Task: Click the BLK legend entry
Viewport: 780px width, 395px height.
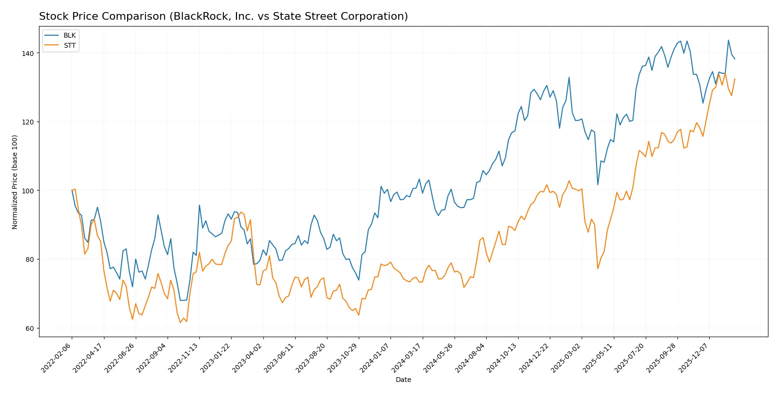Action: coord(69,35)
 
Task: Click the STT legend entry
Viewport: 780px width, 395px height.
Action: coord(69,45)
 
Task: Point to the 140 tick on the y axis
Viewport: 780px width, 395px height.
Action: coord(28,53)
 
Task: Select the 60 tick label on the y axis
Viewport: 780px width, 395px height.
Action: coord(30,328)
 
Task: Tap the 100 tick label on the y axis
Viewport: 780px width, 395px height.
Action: coord(28,191)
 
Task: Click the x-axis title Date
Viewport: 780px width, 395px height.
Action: coord(403,380)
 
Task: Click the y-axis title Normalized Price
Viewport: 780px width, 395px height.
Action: coord(14,182)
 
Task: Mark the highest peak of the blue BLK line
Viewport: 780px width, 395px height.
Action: coord(728,40)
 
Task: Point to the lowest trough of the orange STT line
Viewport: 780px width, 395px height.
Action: coord(181,322)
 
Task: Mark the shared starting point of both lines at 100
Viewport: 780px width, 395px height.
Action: coord(72,191)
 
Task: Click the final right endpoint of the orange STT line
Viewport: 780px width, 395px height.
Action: coord(735,79)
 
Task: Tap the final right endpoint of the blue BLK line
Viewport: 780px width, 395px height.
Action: coord(735,59)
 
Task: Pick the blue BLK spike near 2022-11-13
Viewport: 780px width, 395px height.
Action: coord(199,205)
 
